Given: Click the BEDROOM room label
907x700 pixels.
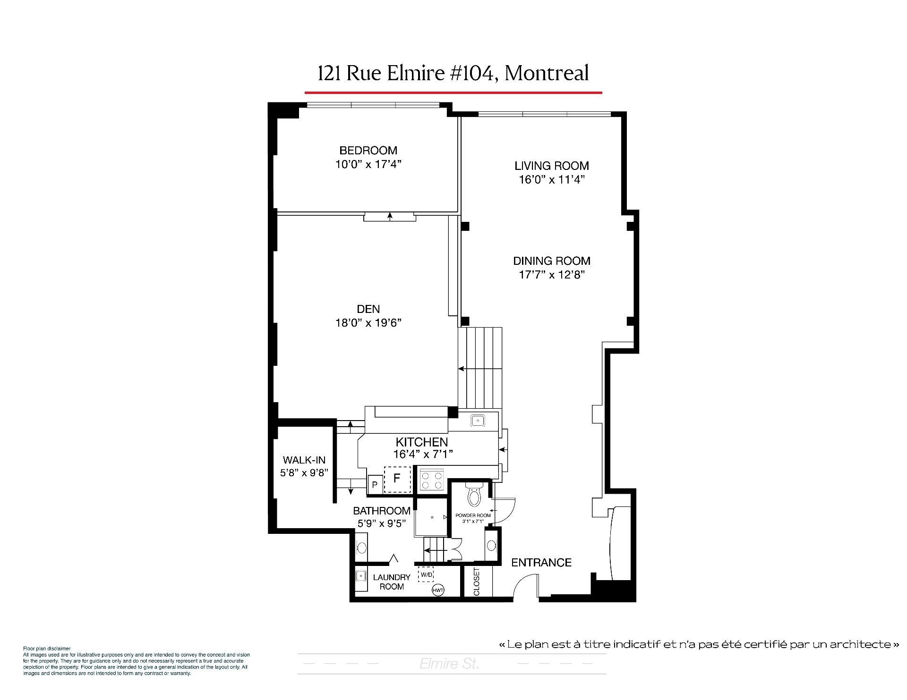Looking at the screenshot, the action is click(368, 151).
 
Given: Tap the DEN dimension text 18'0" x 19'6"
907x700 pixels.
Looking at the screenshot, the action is click(368, 323).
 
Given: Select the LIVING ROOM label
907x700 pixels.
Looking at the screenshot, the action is click(552, 166).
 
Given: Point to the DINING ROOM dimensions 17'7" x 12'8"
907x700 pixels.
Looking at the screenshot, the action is click(552, 275).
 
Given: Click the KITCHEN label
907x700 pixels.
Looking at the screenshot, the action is click(422, 442).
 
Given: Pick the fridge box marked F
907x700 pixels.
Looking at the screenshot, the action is click(397, 479).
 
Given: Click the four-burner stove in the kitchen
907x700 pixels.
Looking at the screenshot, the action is click(432, 480).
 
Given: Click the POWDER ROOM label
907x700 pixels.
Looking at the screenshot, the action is click(473, 515).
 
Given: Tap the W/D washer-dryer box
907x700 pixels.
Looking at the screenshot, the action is click(426, 574).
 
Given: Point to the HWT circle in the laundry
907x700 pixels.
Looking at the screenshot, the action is click(437, 590).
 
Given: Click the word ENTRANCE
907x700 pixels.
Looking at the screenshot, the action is click(541, 562).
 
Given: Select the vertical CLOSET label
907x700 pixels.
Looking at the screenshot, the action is click(476, 582).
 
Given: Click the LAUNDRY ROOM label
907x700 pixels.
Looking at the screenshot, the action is click(392, 582).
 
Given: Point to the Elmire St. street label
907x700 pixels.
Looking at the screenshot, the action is click(449, 664).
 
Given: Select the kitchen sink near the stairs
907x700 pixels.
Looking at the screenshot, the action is click(478, 420).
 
